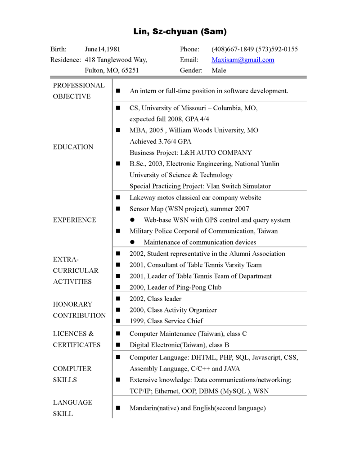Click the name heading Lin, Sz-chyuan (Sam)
(x=180, y=32)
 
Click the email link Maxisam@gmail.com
(x=243, y=60)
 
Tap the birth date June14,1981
(x=102, y=49)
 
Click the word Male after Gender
(x=219, y=71)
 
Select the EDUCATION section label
(x=73, y=147)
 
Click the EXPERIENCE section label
(x=75, y=220)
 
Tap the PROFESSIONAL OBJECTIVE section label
(x=79, y=90)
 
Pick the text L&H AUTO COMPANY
(x=214, y=153)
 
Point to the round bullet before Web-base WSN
(x=133, y=220)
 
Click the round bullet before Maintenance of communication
(x=133, y=242)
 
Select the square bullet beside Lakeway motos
(x=118, y=198)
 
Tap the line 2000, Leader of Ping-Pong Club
(x=175, y=287)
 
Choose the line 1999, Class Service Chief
(x=166, y=321)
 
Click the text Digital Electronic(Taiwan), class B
(x=180, y=345)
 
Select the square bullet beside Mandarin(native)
(x=118, y=408)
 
